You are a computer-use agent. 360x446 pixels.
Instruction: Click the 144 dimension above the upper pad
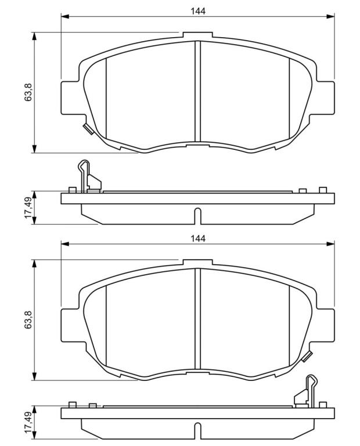(x=198, y=11)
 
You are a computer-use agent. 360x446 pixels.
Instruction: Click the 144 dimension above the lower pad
(x=198, y=238)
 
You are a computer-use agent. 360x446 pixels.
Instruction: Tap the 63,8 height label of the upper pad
(x=28, y=93)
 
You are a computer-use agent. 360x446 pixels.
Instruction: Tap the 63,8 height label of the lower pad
(x=28, y=321)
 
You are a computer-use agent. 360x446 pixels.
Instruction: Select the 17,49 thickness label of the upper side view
(x=28, y=208)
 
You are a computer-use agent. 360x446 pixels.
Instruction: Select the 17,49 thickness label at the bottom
(x=28, y=423)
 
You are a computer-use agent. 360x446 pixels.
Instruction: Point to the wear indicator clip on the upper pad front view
(x=88, y=129)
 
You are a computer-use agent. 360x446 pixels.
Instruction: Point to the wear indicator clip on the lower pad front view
(x=307, y=357)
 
